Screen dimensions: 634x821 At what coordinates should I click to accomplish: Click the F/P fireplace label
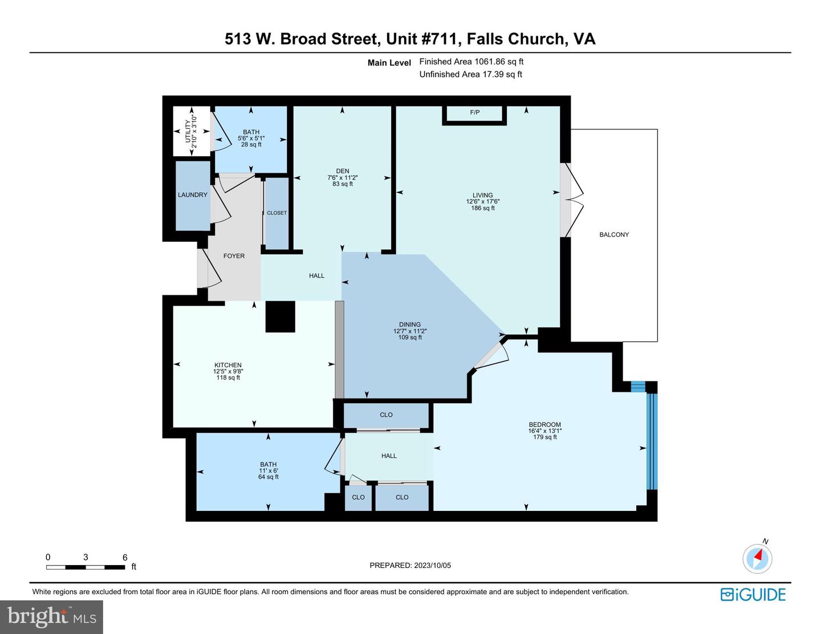coord(474,112)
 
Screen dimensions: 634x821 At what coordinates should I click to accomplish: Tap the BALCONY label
coord(614,234)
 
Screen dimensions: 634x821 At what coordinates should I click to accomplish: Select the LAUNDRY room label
coord(193,195)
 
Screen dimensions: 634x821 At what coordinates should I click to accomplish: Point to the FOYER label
coord(234,256)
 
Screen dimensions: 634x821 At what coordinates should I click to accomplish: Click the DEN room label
coord(343,171)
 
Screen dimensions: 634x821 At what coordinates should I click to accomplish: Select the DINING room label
coord(410,324)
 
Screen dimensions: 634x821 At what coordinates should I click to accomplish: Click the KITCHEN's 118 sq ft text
coord(228,377)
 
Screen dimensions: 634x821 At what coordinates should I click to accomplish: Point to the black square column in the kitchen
coord(281,316)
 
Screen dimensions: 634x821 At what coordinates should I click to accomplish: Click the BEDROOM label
coord(545,425)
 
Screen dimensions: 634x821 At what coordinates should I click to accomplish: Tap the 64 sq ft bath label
coord(269,477)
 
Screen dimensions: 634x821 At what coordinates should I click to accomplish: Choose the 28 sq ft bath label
coord(251,145)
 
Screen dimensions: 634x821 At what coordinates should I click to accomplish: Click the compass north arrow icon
coord(758,558)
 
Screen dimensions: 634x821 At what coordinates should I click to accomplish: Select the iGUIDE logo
coord(753,595)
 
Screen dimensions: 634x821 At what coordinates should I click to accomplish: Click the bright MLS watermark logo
coord(51,616)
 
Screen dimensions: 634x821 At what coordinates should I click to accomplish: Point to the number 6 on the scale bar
coord(125,558)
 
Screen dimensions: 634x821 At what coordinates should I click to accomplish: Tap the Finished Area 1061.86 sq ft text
coord(471,62)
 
